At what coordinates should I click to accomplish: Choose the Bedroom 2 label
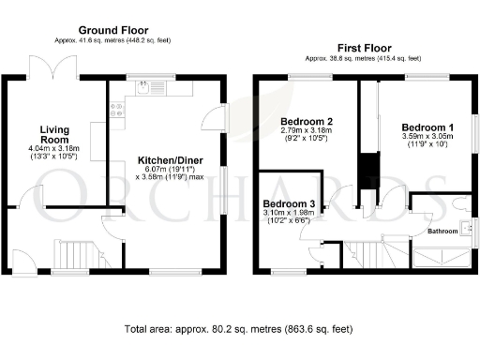307,122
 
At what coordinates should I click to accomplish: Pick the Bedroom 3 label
288,203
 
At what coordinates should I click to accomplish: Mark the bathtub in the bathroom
442,249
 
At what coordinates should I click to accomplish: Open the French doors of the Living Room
46,67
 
